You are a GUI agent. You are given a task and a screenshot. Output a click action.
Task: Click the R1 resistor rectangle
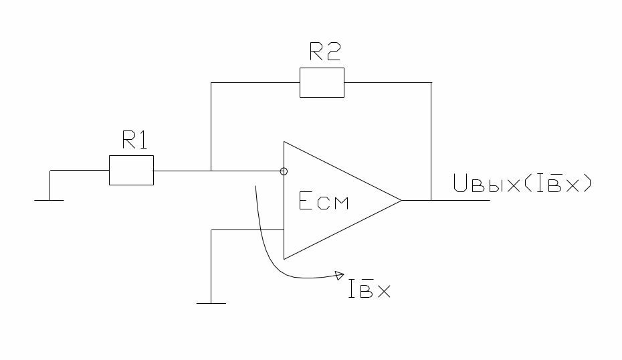pyautogui.click(x=131, y=170)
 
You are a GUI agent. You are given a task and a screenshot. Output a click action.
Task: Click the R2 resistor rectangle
pyautogui.click(x=322, y=82)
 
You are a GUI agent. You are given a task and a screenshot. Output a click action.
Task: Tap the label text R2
pyautogui.click(x=325, y=52)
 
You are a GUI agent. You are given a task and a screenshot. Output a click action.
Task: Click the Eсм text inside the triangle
pyautogui.click(x=324, y=202)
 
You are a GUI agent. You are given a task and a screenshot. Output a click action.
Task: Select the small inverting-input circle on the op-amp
pyautogui.click(x=284, y=170)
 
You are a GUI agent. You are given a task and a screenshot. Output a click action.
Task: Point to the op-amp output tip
pyautogui.click(x=401, y=199)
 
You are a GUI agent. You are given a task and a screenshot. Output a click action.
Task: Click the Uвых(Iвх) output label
pyautogui.click(x=522, y=182)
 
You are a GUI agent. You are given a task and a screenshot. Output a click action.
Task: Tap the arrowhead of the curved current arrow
pyautogui.click(x=338, y=274)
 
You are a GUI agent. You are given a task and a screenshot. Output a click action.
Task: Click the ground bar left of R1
pyautogui.click(x=49, y=199)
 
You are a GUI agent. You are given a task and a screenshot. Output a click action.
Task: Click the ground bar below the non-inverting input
pyautogui.click(x=211, y=304)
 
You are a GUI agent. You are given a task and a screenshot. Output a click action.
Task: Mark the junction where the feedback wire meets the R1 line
pyautogui.click(x=211, y=170)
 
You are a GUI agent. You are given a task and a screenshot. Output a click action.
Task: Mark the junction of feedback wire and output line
pyautogui.click(x=431, y=199)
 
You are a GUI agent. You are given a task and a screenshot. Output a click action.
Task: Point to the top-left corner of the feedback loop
pyautogui.click(x=211, y=82)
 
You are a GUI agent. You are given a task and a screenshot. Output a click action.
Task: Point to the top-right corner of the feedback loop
pyautogui.click(x=431, y=82)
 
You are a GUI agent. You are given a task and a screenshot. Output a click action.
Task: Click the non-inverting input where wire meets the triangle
pyautogui.click(x=284, y=230)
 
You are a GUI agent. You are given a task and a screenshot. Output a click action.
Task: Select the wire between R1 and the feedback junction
pyautogui.click(x=182, y=170)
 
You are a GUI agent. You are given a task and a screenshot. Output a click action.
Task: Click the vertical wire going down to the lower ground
pyautogui.click(x=211, y=268)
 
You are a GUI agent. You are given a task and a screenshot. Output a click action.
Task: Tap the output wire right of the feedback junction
pyautogui.click(x=461, y=199)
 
